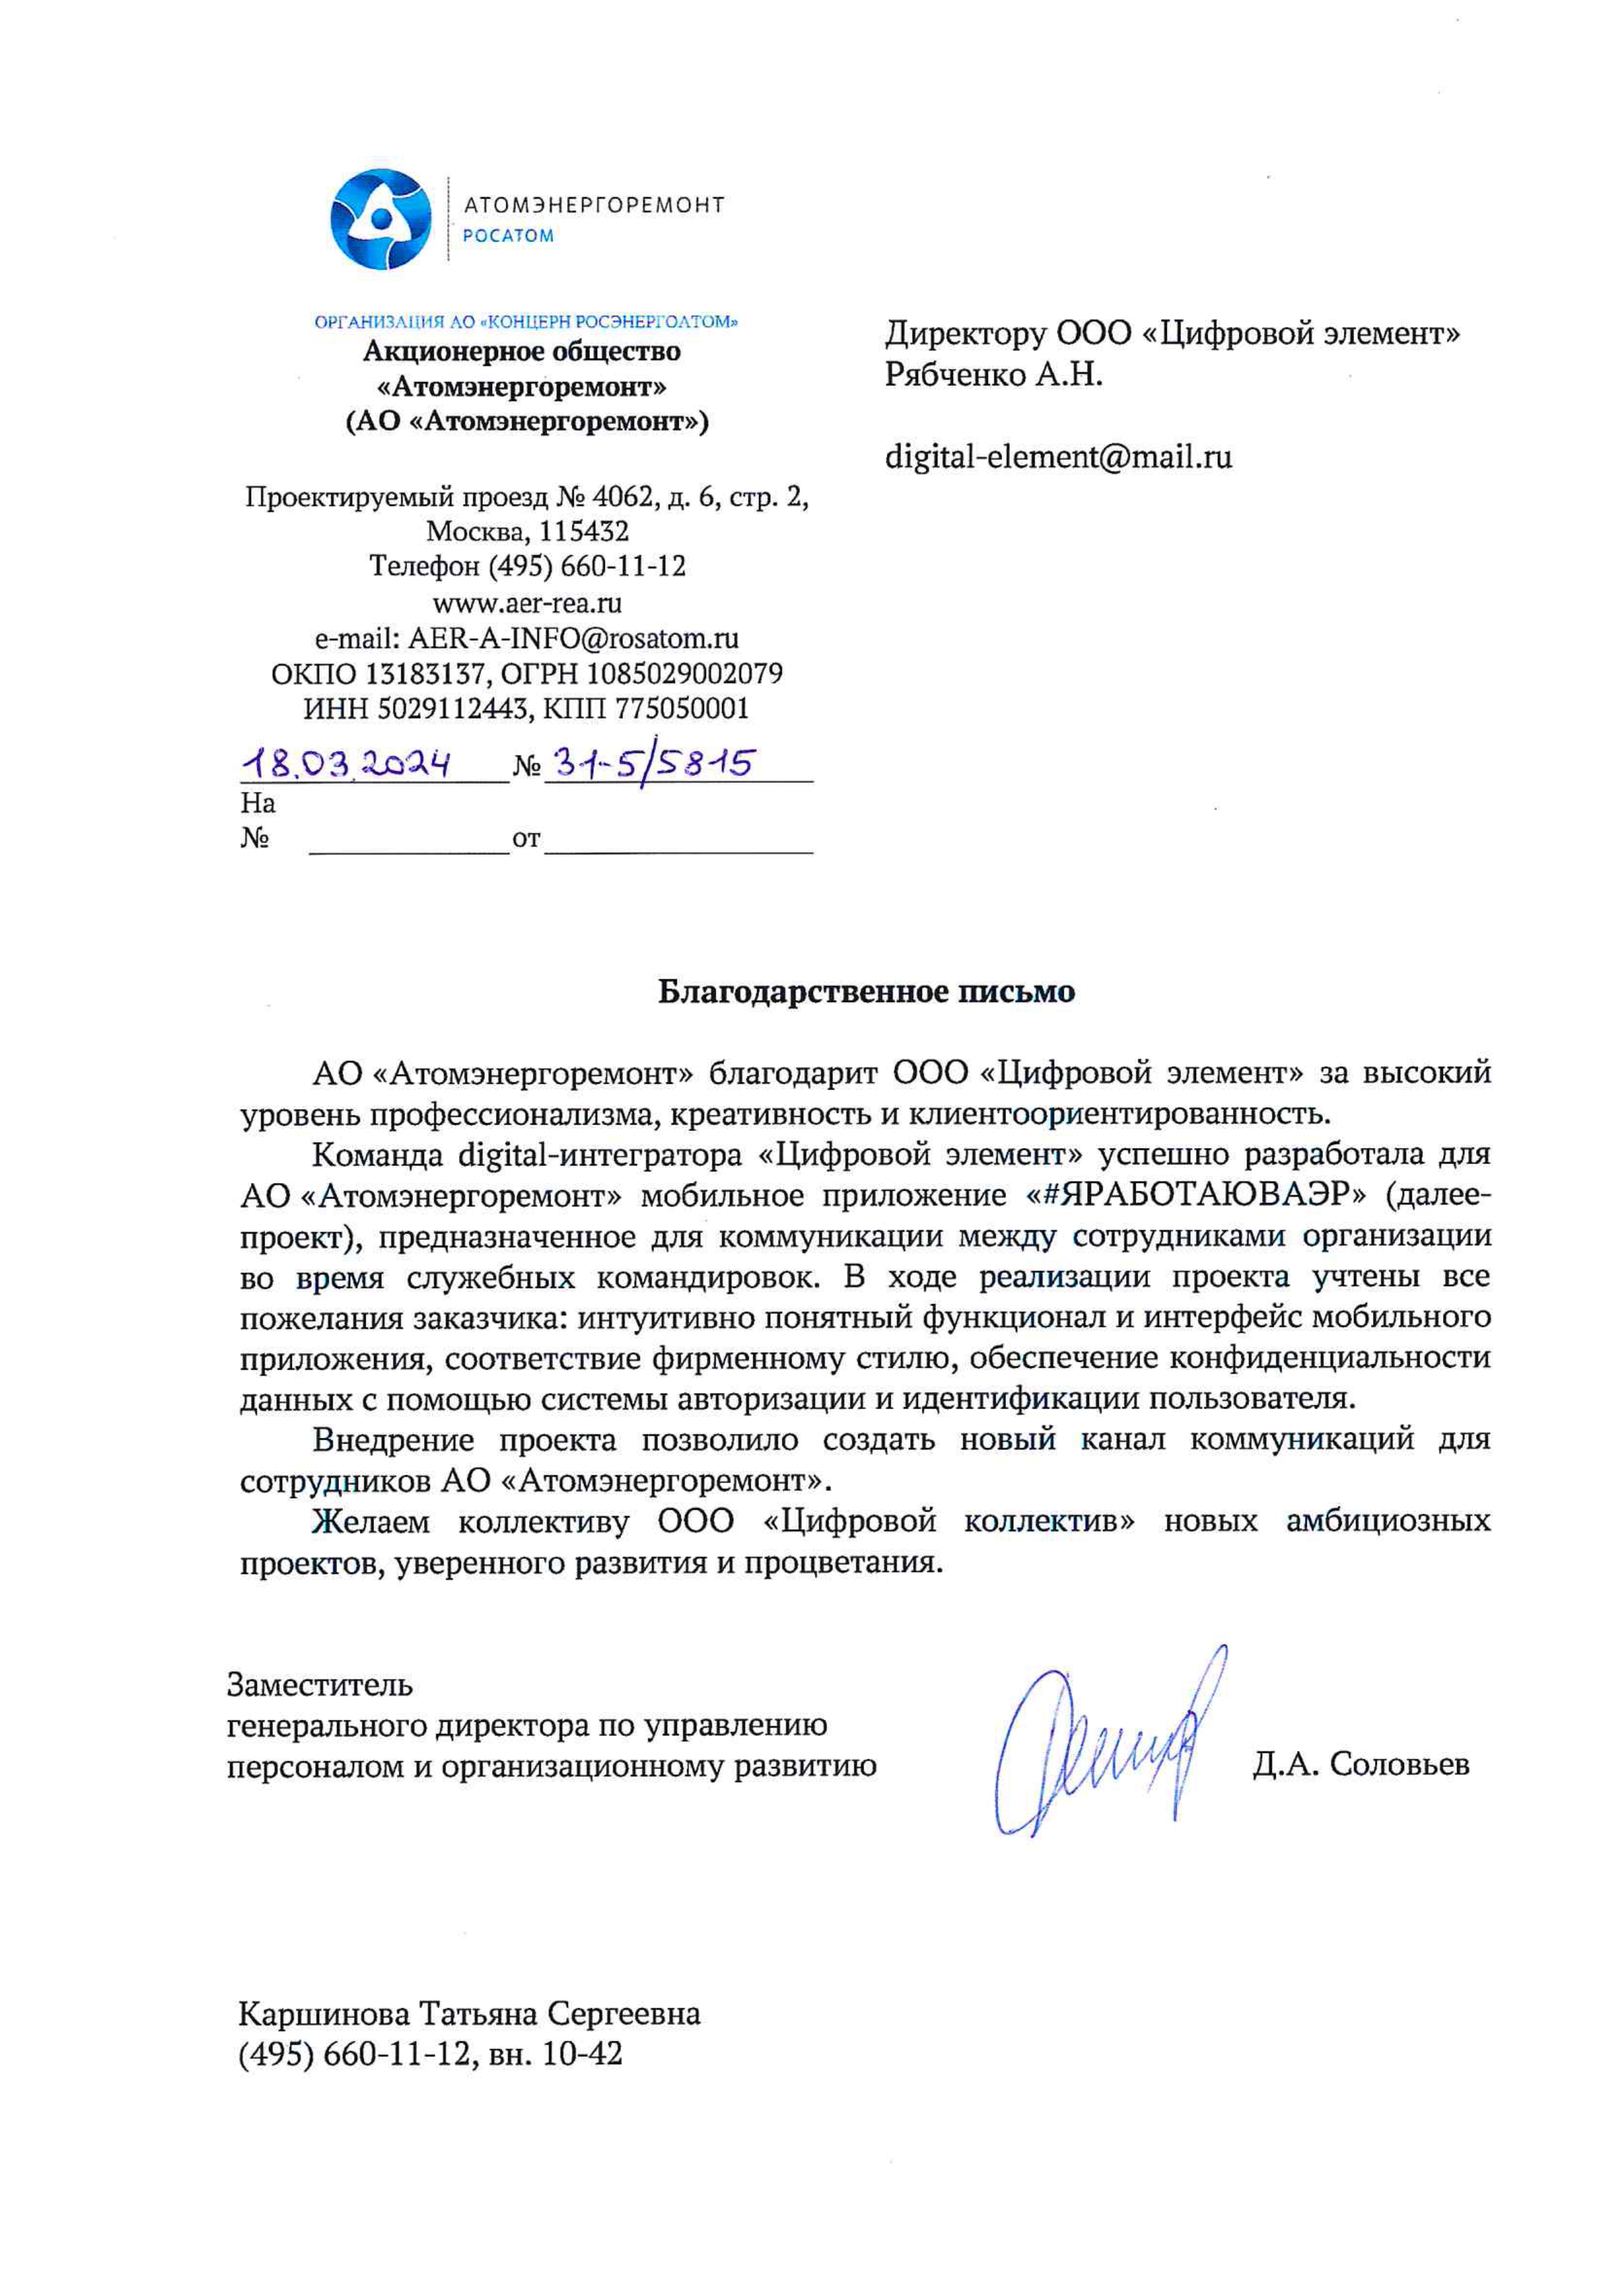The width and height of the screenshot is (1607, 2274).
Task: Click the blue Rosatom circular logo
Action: [x=380, y=219]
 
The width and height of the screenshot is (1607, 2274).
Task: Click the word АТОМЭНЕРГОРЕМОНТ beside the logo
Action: [x=594, y=205]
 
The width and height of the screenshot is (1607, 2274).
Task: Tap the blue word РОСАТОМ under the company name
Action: [x=508, y=236]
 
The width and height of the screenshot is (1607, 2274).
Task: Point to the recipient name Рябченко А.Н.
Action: [x=993, y=375]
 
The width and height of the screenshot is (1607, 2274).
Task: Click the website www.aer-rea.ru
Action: [x=527, y=602]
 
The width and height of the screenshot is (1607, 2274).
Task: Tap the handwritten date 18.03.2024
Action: [x=347, y=764]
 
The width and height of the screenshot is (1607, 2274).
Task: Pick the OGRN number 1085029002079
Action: [x=684, y=674]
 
